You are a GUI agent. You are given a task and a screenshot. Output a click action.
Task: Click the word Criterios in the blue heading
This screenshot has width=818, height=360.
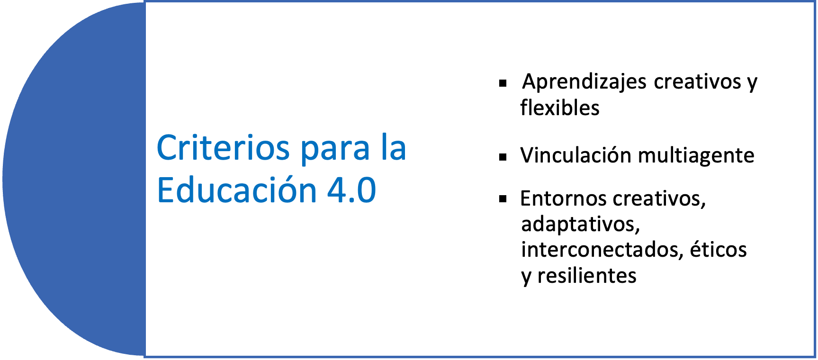coord(223,148)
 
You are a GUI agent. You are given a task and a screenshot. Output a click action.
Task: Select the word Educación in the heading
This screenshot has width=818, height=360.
coord(236,189)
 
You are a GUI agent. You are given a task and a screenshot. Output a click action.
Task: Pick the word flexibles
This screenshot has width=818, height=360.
coord(560,108)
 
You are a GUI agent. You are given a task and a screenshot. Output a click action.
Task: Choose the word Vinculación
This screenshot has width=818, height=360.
coord(575,155)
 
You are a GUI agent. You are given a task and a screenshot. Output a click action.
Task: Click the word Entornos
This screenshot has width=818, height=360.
coord(561,198)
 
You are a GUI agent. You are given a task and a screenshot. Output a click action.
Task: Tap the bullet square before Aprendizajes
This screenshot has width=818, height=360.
coord(503,84)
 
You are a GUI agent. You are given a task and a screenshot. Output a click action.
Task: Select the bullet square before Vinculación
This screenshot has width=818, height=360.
coord(503,157)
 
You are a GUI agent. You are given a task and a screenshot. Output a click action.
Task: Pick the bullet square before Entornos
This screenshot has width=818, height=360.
coord(503,199)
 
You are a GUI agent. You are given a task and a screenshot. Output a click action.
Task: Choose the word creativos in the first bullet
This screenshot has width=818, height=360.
coord(697,81)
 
